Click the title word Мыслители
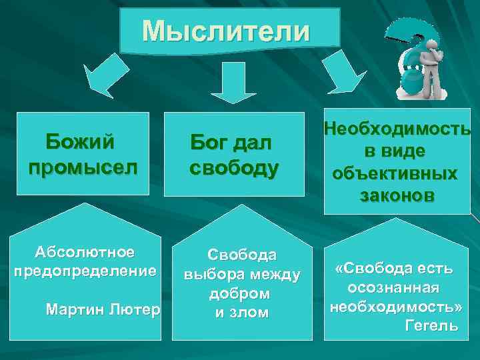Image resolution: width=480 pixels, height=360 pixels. pyautogui.click(x=226, y=31)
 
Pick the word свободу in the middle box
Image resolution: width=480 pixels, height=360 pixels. pyautogui.click(x=233, y=167)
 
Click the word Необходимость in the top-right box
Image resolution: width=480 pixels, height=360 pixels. pyautogui.click(x=397, y=129)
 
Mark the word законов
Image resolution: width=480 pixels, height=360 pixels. pyautogui.click(x=397, y=195)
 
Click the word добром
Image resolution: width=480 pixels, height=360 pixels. pyautogui.click(x=241, y=293)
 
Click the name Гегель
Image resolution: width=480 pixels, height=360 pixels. pyautogui.click(x=431, y=325)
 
